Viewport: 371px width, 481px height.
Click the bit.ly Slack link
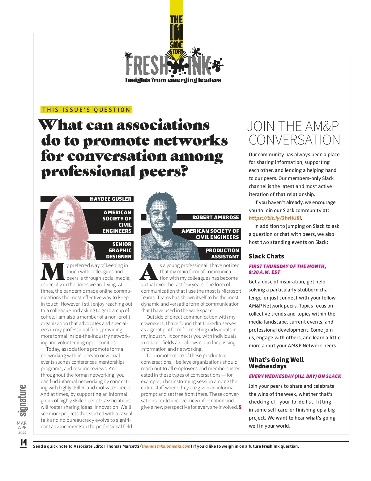coord(275,218)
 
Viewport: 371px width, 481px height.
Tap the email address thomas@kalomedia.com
coord(166,446)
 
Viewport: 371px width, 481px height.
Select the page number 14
coord(23,442)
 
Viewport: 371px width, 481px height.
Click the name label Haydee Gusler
coord(110,199)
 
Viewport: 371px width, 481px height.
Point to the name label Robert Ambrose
coord(215,217)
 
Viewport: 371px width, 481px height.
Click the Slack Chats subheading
coord(266,256)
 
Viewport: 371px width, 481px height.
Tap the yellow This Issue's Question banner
coord(86,110)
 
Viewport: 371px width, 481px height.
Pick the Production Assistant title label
coord(222,253)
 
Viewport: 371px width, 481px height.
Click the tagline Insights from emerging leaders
coord(173,80)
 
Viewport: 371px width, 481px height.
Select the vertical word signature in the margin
coord(23,400)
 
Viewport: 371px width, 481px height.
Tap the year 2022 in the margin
coord(22,433)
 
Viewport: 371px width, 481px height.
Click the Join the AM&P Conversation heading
coord(294,133)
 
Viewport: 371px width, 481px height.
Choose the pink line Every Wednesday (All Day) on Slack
coord(295,376)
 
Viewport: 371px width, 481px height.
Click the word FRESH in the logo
coord(147,65)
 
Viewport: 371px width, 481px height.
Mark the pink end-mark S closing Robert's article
coord(240,407)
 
